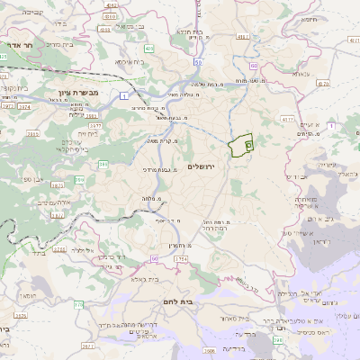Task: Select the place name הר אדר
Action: pos(15,44)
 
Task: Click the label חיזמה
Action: pos(310,18)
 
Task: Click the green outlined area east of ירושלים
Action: pos(240,146)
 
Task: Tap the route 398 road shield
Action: pos(278,340)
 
